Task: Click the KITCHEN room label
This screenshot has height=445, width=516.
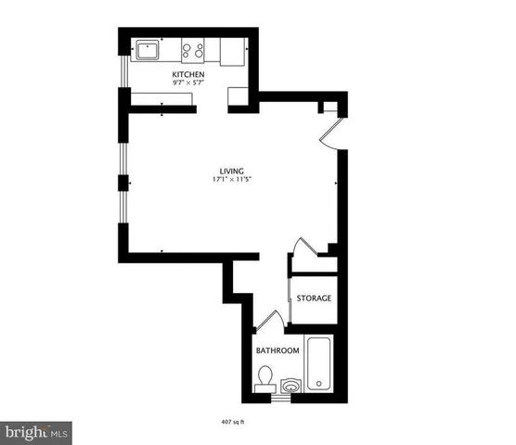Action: pos(187,73)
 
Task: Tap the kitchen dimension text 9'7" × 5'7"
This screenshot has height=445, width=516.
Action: pos(187,83)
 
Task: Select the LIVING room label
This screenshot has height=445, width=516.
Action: pos(231,170)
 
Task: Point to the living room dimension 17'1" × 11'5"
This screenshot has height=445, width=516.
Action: pos(231,179)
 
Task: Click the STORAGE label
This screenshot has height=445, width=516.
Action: pos(314,299)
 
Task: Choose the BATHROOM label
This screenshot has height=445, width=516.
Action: pos(277,350)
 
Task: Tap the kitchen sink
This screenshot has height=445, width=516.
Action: pos(147,50)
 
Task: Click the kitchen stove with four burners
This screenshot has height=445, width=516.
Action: pos(193,50)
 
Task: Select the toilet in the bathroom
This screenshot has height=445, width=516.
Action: pos(265,378)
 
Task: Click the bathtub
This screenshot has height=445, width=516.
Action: pos(318,364)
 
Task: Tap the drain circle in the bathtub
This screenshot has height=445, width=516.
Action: pos(318,383)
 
